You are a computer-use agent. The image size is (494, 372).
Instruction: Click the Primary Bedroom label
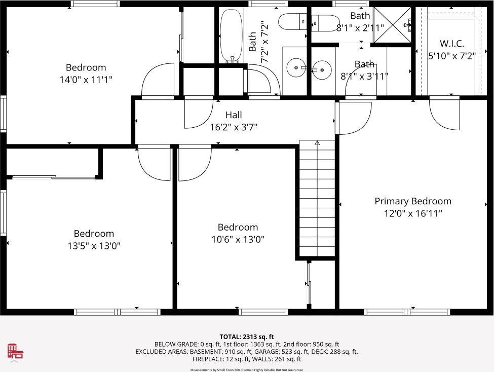[413, 201]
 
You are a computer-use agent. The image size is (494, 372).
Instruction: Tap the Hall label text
[234, 115]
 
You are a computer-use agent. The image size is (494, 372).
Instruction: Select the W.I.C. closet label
[452, 44]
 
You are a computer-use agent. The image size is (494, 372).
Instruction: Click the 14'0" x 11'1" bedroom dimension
[86, 80]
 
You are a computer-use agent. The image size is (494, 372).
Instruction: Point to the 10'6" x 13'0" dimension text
[238, 239]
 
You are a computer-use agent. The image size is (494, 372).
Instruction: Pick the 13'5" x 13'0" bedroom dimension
[94, 246]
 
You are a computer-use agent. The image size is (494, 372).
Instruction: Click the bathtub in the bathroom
[232, 35]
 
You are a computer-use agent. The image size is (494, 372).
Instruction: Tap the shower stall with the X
[392, 25]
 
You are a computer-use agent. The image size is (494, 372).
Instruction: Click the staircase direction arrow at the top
[317, 143]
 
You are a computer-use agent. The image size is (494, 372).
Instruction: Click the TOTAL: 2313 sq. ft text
[247, 337]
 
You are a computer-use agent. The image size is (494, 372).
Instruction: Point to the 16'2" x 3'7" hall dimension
[234, 127]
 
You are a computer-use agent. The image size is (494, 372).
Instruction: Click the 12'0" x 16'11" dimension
[413, 213]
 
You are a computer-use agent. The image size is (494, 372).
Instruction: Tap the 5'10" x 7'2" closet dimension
[451, 56]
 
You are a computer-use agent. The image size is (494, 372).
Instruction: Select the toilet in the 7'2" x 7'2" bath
[292, 22]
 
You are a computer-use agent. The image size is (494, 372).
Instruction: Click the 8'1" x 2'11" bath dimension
[360, 28]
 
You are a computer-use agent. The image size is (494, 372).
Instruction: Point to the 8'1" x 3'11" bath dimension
[364, 76]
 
